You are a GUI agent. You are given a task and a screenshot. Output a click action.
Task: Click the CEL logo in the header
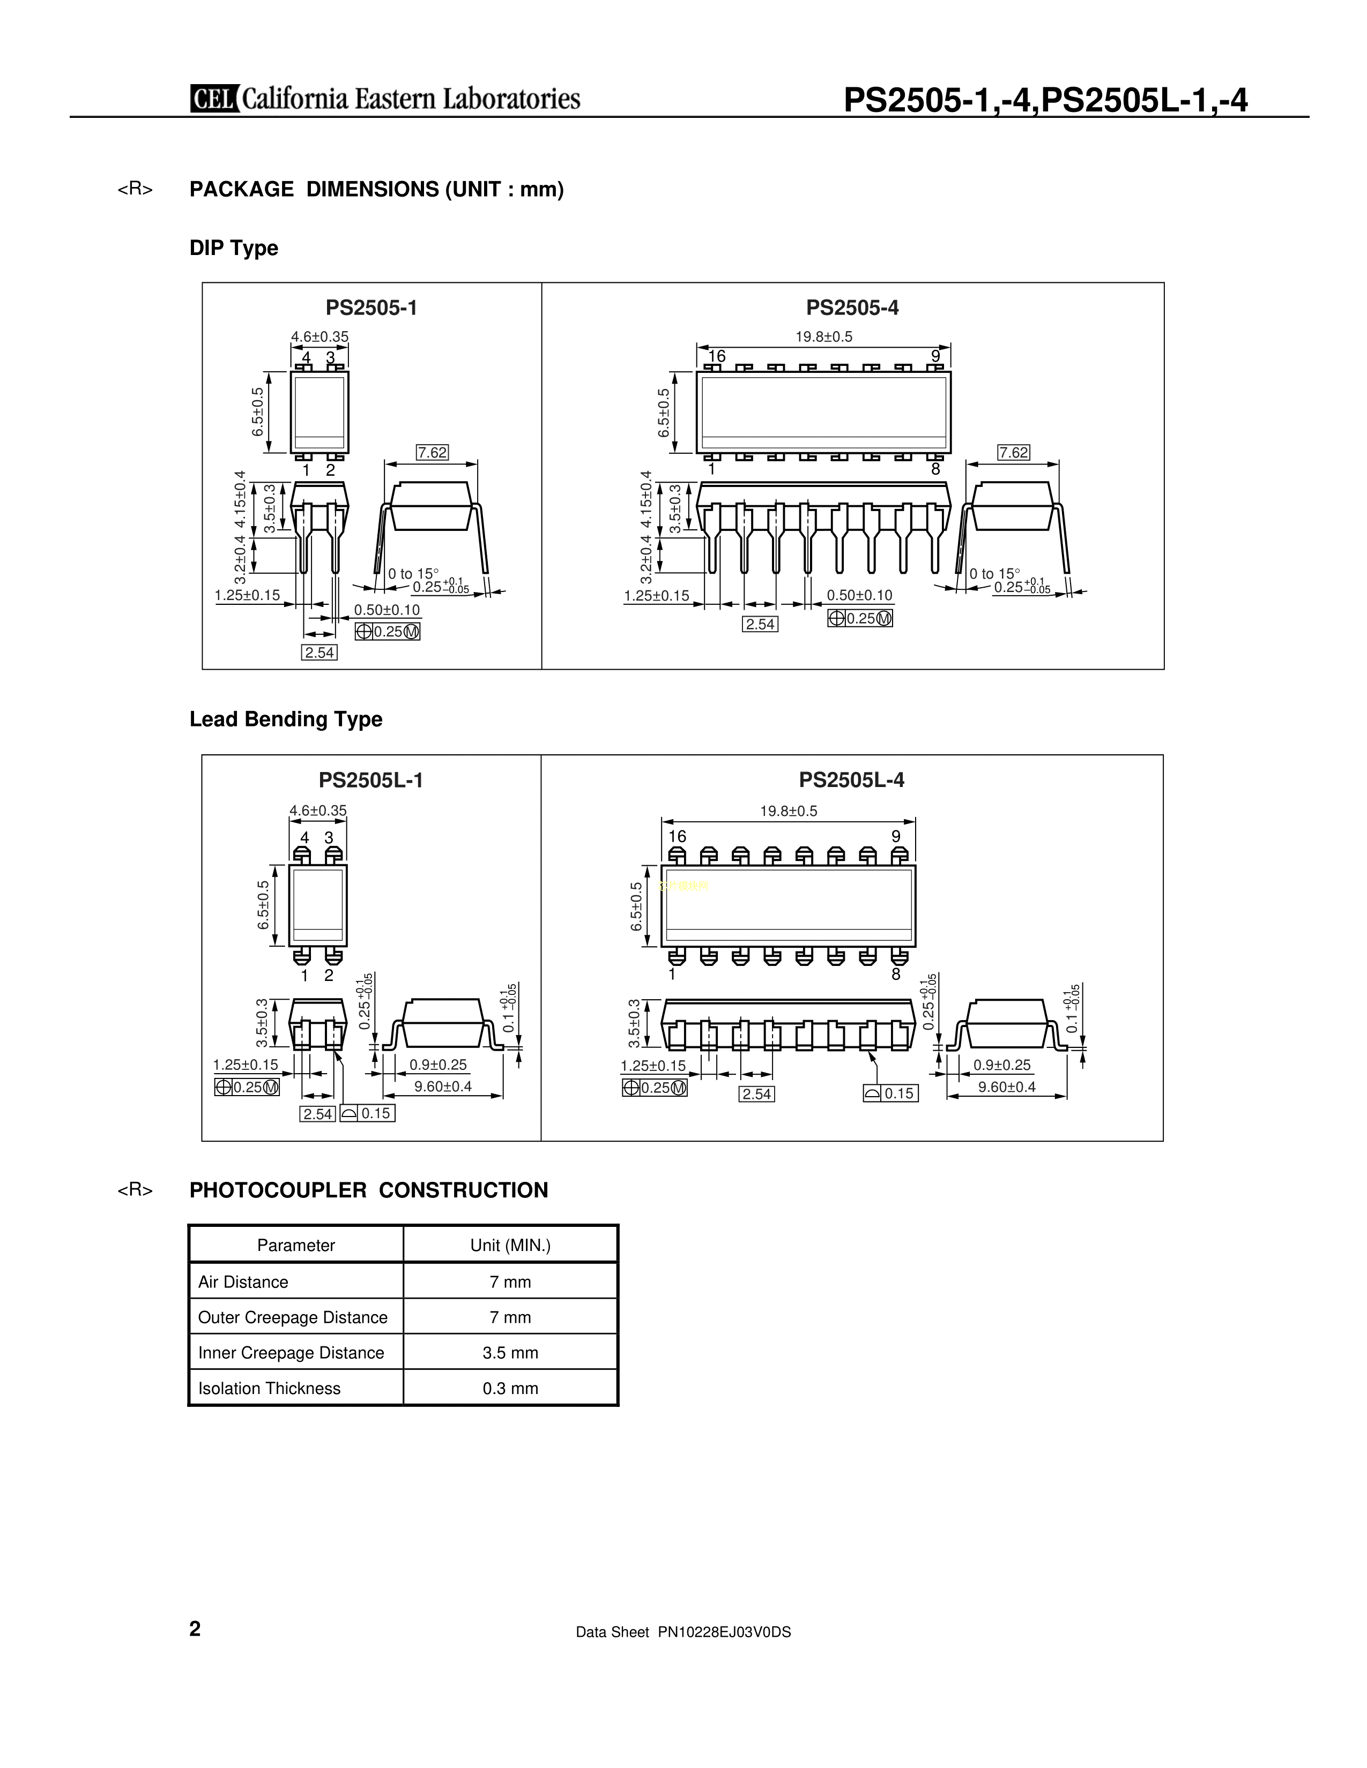(x=214, y=99)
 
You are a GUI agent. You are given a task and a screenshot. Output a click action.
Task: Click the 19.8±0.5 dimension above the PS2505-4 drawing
(x=823, y=337)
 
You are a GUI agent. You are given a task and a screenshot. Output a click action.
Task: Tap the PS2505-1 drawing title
(x=372, y=308)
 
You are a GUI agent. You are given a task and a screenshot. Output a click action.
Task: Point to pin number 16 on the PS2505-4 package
(x=717, y=356)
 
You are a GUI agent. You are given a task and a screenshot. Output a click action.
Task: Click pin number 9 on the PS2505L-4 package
(x=896, y=836)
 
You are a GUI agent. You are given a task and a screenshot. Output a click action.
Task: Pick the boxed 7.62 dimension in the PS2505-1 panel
(x=432, y=453)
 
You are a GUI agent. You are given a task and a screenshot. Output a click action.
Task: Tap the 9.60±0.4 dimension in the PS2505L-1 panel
(x=443, y=1087)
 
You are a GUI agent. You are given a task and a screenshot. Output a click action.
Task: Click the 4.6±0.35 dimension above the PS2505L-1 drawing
(x=318, y=810)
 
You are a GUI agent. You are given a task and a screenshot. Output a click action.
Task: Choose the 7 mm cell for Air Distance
(x=510, y=1282)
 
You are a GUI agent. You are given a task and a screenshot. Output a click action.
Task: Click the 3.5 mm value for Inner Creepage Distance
(x=510, y=1353)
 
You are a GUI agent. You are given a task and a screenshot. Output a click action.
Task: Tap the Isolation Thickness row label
(x=270, y=1388)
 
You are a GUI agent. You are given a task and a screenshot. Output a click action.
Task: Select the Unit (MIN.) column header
(x=510, y=1245)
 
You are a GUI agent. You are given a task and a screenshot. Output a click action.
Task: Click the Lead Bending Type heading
(x=286, y=719)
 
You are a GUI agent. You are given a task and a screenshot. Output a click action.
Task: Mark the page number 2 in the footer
(x=195, y=1629)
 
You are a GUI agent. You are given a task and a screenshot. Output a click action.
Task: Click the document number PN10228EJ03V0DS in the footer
(x=725, y=1632)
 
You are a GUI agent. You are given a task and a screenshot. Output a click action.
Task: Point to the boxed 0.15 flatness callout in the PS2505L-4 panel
(x=891, y=1093)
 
